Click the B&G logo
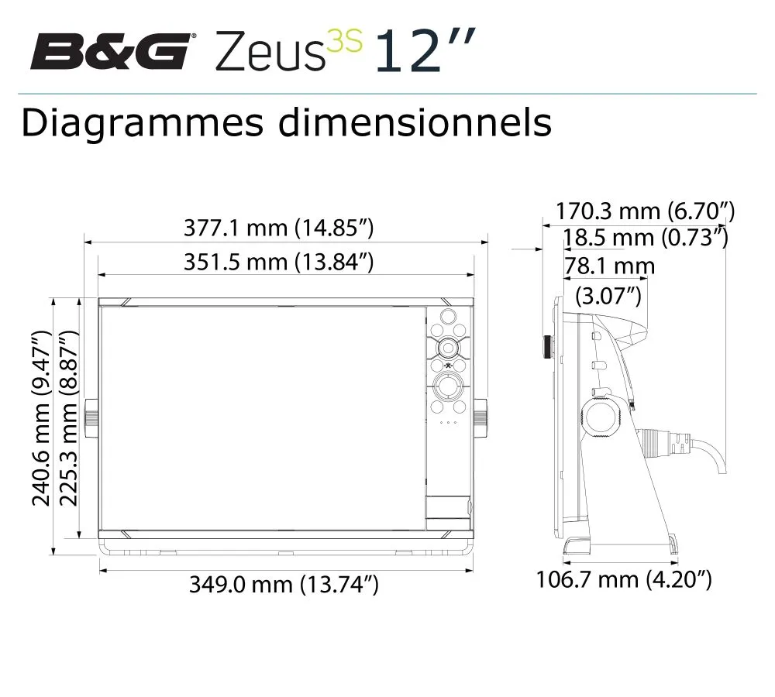tap(111, 51)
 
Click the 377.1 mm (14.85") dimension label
tap(279, 228)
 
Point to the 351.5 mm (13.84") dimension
tap(279, 262)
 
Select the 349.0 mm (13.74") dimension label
tap(284, 585)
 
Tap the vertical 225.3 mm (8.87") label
tap(68, 418)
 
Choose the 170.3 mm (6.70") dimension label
tap(646, 211)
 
